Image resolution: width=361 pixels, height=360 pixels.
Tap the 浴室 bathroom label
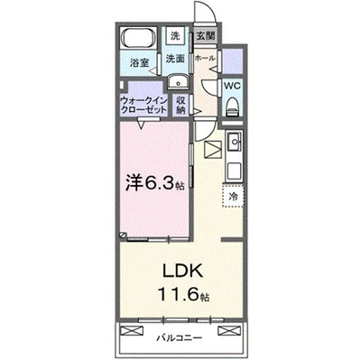click(138, 64)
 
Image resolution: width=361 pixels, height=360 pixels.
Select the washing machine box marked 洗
click(175, 37)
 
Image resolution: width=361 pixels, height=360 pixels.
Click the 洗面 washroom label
click(175, 58)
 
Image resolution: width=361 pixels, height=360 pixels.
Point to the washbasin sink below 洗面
click(174, 78)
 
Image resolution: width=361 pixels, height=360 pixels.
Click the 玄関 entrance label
click(205, 37)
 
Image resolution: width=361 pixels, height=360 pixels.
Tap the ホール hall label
click(205, 57)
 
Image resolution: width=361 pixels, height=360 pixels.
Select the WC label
click(230, 86)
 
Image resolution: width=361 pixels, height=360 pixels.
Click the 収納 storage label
click(180, 105)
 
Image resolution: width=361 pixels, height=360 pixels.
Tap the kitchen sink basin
click(235, 141)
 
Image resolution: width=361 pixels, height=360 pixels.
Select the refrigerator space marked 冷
click(232, 194)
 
